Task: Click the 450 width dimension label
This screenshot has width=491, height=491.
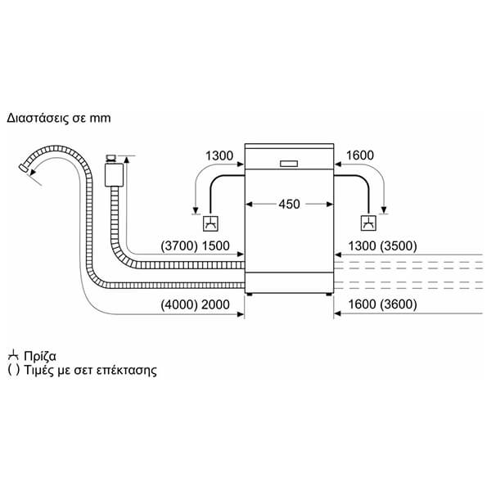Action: pyautogui.click(x=289, y=204)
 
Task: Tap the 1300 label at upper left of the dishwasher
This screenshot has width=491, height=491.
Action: pyautogui.click(x=219, y=155)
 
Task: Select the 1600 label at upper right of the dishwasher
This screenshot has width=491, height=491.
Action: pyautogui.click(x=360, y=155)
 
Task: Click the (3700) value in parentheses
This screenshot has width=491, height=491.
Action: pyautogui.click(x=179, y=246)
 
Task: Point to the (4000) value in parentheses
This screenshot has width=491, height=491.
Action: pyautogui.click(x=179, y=304)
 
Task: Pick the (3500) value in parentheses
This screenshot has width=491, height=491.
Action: pyautogui.click(x=399, y=246)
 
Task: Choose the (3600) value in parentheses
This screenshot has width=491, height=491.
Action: pyautogui.click(x=399, y=304)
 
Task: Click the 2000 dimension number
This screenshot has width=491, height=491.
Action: pyautogui.click(x=215, y=304)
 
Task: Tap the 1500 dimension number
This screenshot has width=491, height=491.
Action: pyautogui.click(x=215, y=246)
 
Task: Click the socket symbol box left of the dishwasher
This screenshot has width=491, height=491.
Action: pyautogui.click(x=210, y=223)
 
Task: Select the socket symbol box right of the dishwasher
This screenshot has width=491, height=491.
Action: pyautogui.click(x=368, y=223)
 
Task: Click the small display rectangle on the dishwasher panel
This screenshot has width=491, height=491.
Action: pyautogui.click(x=289, y=164)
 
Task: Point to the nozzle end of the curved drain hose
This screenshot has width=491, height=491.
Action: pyautogui.click(x=24, y=168)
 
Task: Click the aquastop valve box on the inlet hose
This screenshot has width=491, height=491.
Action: pyautogui.click(x=114, y=174)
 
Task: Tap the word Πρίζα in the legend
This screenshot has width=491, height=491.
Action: pyautogui.click(x=40, y=356)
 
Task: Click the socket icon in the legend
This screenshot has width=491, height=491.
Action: pyautogui.click(x=13, y=356)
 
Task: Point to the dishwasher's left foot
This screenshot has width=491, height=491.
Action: pyautogui.click(x=250, y=295)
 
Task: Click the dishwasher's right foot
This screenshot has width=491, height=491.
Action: pyautogui.click(x=329, y=295)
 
